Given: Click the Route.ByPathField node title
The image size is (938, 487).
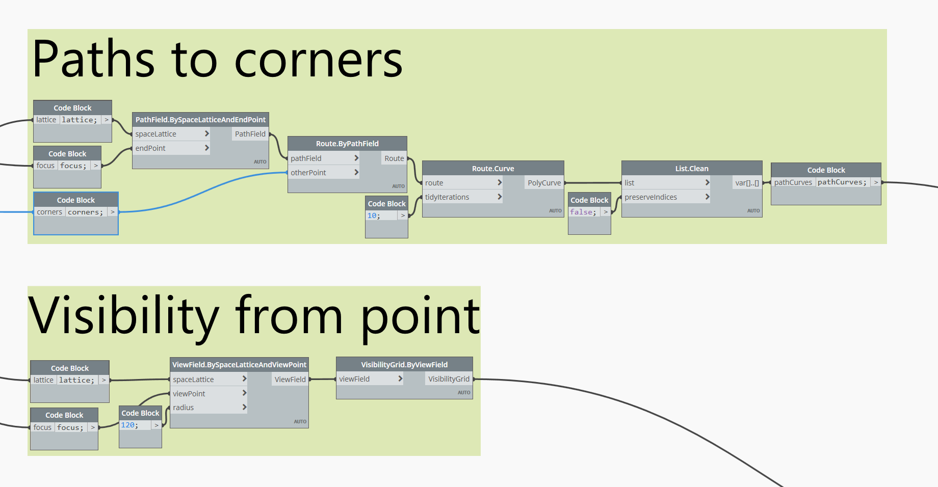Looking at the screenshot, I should click(x=347, y=144).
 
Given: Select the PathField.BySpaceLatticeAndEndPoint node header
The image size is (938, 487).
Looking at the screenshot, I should click(x=200, y=120).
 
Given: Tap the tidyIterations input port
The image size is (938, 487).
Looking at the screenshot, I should click(x=447, y=197).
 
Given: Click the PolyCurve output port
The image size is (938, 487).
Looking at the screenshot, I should click(x=544, y=183).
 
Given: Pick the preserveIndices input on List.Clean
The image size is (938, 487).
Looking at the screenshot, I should click(x=650, y=197).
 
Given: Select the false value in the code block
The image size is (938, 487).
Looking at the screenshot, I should click(x=582, y=212).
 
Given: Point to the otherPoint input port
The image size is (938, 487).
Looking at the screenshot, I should click(x=308, y=173).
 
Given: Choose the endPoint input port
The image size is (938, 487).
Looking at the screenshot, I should click(x=150, y=148).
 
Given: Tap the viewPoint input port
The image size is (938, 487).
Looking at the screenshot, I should click(x=189, y=394).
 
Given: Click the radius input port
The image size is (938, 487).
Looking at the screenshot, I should click(x=184, y=408).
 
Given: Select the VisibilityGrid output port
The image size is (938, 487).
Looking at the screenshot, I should click(x=449, y=379).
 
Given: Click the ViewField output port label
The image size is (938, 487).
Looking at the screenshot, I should click(x=290, y=380).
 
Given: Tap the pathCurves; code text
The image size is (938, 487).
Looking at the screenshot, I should click(x=842, y=182).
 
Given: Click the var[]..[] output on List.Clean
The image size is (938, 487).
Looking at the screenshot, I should click(x=747, y=183).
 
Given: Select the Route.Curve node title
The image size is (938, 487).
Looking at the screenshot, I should click(x=493, y=169).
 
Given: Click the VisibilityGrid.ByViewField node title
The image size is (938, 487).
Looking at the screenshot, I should click(x=404, y=365).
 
